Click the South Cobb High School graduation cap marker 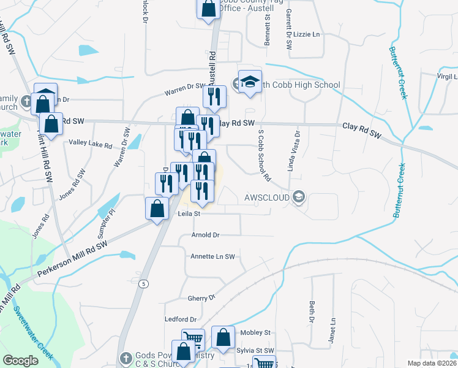(x=250, y=84)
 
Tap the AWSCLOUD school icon (x=298, y=197)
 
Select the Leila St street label (x=189, y=214)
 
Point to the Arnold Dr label (x=205, y=235)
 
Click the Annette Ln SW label (x=212, y=256)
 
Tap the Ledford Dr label (x=181, y=320)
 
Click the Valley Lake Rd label (x=91, y=145)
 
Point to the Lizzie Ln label (x=307, y=34)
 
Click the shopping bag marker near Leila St (x=157, y=209)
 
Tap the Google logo (x=21, y=361)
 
